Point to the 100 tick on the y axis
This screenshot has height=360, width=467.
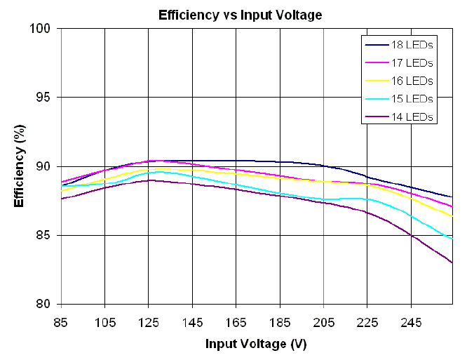46,29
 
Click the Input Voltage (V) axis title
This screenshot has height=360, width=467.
256,345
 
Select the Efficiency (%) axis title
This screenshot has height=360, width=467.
20,166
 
